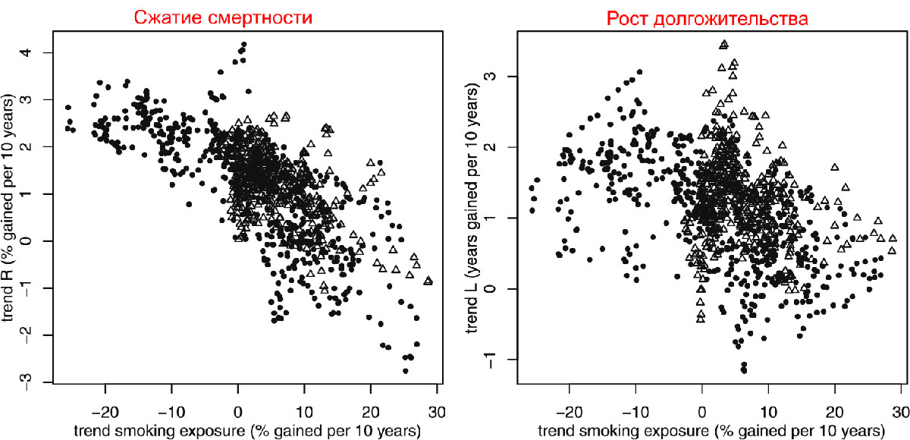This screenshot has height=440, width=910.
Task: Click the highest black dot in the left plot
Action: coord(243,45)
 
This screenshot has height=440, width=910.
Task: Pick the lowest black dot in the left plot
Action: coord(406,371)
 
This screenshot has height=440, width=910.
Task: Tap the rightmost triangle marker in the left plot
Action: coord(428,281)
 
